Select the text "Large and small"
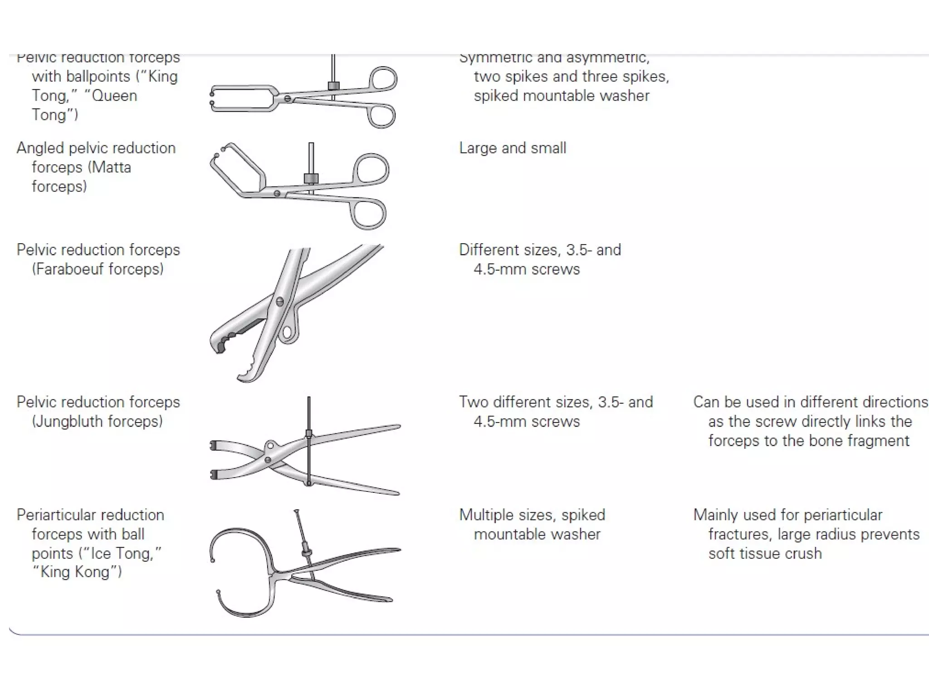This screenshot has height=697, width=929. [x=513, y=148]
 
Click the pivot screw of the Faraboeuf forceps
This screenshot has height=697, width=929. [x=279, y=301]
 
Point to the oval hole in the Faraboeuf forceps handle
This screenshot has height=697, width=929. [x=288, y=332]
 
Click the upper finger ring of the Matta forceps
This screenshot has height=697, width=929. [x=371, y=170]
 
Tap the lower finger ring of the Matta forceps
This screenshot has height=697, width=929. [x=368, y=214]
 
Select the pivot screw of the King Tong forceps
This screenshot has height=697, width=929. [x=287, y=98]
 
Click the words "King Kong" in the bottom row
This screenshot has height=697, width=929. [x=75, y=572]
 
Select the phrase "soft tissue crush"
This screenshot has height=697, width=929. [x=765, y=554]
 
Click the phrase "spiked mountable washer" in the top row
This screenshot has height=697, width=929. [x=562, y=96]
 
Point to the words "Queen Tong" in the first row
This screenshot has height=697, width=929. [x=84, y=105]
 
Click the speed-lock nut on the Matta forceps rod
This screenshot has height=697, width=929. [x=311, y=178]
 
